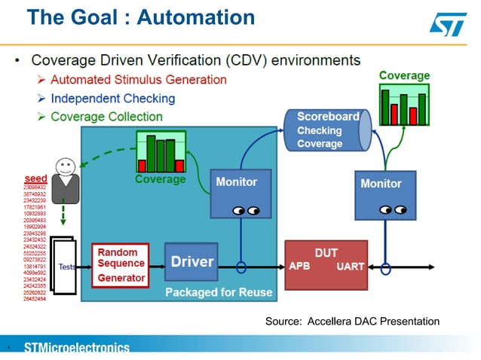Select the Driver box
pos(191,262)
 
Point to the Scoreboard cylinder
pos(326,130)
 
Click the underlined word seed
pos(35,178)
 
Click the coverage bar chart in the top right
pos(404,106)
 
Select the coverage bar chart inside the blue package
pos(160,152)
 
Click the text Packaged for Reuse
pos(219,292)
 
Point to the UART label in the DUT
pos(351,267)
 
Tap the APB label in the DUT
pos(299,267)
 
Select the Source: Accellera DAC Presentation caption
pos(352,322)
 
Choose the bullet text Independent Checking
pos(113,98)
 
